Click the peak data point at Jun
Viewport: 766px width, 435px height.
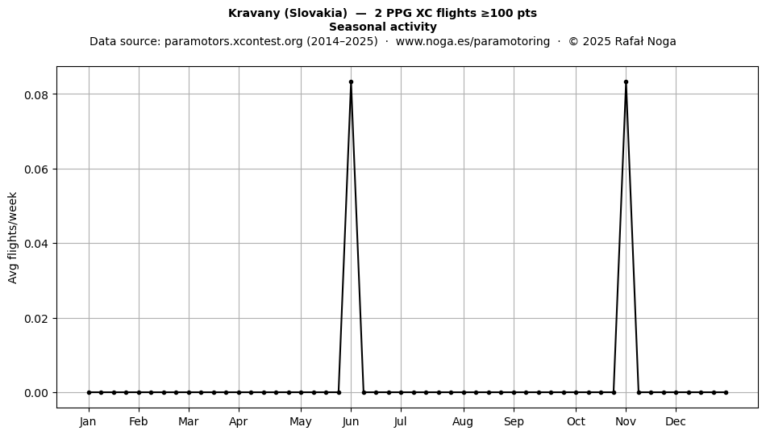pyautogui.click(x=351, y=82)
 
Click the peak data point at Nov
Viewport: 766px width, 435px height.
pyautogui.click(x=626, y=82)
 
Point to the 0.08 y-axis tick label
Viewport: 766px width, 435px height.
pyautogui.click(x=36, y=94)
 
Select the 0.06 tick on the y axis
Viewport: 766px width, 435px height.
pyautogui.click(x=36, y=169)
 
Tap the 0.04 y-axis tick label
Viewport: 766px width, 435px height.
pyautogui.click(x=36, y=244)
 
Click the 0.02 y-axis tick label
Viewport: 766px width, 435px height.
pyautogui.click(x=36, y=319)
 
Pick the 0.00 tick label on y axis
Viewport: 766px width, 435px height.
pyautogui.click(x=36, y=394)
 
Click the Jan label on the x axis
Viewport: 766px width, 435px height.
pyautogui.click(x=89, y=422)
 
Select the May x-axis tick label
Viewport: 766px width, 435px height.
pyautogui.click(x=301, y=422)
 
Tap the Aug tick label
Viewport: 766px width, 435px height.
pyautogui.click(x=463, y=422)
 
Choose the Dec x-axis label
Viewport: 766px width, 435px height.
pyautogui.click(x=676, y=422)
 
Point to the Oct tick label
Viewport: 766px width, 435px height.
pyautogui.click(x=576, y=422)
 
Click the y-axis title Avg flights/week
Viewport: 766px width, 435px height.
pyautogui.click(x=13, y=237)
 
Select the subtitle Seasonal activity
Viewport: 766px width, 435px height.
pyautogui.click(x=382, y=27)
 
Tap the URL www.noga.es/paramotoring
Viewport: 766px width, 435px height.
pyautogui.click(x=473, y=41)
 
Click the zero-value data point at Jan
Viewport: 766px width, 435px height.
pyautogui.click(x=89, y=392)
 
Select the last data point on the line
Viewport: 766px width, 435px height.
pyautogui.click(x=726, y=392)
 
